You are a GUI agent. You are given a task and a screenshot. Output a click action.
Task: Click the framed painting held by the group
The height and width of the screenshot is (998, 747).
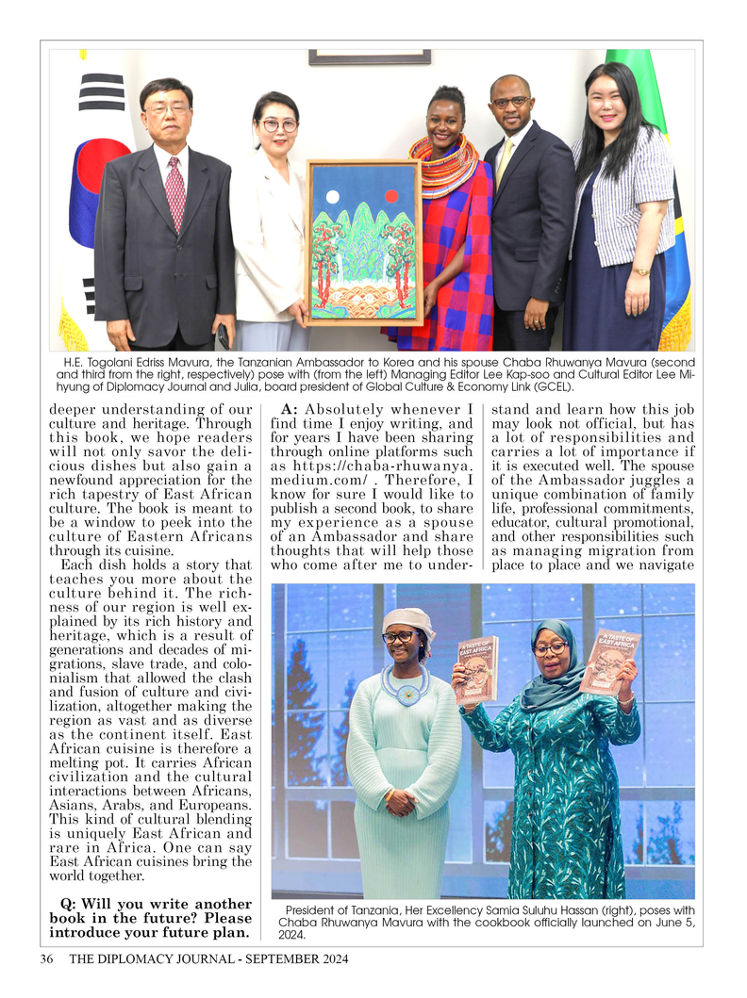tap(364, 242)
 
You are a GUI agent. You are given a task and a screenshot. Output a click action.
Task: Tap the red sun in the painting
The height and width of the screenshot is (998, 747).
tap(390, 196)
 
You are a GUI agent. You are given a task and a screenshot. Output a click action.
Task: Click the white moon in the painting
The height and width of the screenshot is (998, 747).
tap(331, 197)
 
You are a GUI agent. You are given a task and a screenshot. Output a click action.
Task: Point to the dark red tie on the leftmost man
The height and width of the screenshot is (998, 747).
tap(175, 193)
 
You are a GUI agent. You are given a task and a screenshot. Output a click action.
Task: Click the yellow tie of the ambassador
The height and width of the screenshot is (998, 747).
tap(505, 160)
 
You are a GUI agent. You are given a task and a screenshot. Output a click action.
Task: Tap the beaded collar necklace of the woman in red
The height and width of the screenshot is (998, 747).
tap(442, 164)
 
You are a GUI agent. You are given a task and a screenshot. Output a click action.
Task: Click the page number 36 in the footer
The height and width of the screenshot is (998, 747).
tap(46, 959)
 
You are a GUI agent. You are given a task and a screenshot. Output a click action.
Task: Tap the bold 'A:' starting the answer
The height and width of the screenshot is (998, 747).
tap(290, 409)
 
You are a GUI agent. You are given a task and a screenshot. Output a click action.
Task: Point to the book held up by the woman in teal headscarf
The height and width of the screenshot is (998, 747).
tap(608, 661)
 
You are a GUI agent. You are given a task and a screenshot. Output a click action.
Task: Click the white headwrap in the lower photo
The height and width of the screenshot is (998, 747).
tap(408, 619)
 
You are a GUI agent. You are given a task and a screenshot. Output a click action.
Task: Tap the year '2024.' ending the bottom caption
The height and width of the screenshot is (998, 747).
tap(292, 935)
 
